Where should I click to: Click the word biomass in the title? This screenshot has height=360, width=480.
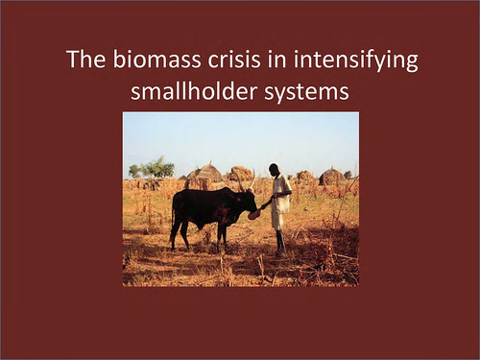point(156,59)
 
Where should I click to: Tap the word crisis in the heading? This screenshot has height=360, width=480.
point(234,59)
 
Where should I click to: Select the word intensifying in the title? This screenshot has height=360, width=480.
point(356,60)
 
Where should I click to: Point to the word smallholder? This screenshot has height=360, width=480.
point(194,90)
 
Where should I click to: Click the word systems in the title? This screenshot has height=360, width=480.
point(306,92)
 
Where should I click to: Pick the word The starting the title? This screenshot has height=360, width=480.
point(86,59)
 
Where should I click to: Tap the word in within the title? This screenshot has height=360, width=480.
point(277,59)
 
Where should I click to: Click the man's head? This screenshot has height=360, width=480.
point(274,169)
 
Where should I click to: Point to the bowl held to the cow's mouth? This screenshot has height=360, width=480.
point(253,214)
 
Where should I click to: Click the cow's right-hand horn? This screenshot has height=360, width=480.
point(252,180)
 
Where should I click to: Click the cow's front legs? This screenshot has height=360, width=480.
point(222,238)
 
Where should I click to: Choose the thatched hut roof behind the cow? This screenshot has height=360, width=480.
point(204,173)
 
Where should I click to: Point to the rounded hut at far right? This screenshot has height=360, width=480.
point(331,177)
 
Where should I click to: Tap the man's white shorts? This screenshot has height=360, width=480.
point(277,220)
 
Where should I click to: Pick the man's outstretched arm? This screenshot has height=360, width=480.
point(268,203)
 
